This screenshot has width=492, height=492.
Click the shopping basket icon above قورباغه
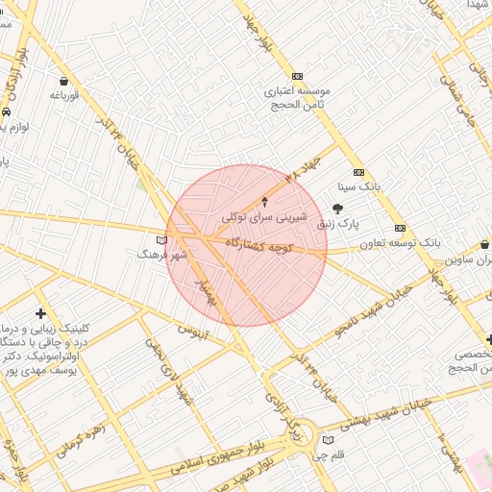point(63,82)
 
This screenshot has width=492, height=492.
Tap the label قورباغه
point(63,96)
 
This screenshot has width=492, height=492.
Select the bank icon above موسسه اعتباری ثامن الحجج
point(297,76)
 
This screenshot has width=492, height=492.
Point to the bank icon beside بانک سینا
point(359,172)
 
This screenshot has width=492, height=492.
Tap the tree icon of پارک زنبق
point(337,208)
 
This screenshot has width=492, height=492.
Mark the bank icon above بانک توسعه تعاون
point(400,228)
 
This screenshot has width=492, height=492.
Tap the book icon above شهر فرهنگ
point(160,239)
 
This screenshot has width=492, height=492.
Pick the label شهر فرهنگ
point(159,254)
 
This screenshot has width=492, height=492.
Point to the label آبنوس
point(194,329)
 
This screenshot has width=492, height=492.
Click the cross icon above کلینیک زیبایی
point(40,313)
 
